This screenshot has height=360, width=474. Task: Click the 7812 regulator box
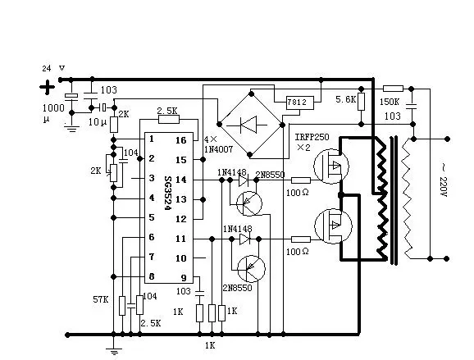point(300,103)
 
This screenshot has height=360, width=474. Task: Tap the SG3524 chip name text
point(168,193)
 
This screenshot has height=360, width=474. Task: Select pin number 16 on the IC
point(181,140)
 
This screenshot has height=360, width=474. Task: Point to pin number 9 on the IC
point(184,278)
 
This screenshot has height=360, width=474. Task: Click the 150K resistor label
point(390,102)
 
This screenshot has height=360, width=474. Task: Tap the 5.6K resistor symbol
point(361,102)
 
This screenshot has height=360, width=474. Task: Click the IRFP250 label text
point(312,137)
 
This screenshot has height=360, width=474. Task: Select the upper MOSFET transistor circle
point(331,166)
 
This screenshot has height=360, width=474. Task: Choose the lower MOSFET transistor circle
point(333,226)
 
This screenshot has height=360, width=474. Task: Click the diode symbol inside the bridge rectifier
point(248,125)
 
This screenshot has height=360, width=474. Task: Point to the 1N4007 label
point(218,149)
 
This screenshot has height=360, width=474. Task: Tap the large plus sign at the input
point(48,88)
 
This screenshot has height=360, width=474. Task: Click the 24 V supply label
point(53,68)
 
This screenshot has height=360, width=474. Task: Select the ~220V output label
point(443,180)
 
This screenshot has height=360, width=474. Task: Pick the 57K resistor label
point(101,299)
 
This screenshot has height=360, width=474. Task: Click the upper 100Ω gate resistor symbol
point(301,180)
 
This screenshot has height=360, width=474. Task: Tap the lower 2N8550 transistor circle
point(251,269)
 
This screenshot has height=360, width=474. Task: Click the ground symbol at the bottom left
point(114,352)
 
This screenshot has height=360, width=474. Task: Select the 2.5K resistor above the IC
point(169,120)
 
